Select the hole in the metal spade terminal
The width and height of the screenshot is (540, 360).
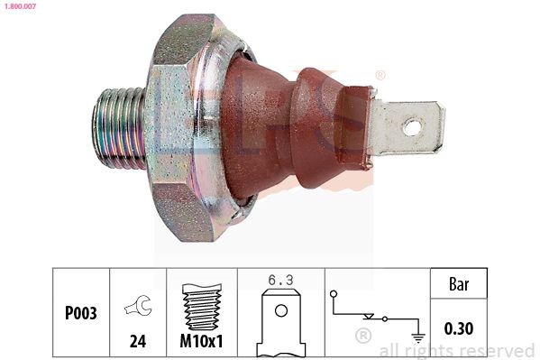(x=411, y=127)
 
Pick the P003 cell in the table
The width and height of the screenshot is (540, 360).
(x=81, y=314)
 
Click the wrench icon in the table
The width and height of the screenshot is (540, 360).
(x=139, y=308)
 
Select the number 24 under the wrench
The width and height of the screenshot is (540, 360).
(x=138, y=343)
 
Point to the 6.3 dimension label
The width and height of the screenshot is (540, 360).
(x=280, y=281)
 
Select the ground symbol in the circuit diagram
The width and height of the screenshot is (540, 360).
(x=417, y=337)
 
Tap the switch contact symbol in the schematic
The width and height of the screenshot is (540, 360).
(x=371, y=317)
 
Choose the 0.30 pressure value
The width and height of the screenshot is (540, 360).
(x=460, y=329)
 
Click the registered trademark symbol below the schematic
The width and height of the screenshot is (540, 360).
(x=363, y=337)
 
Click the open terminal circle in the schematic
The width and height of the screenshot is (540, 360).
(x=334, y=293)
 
